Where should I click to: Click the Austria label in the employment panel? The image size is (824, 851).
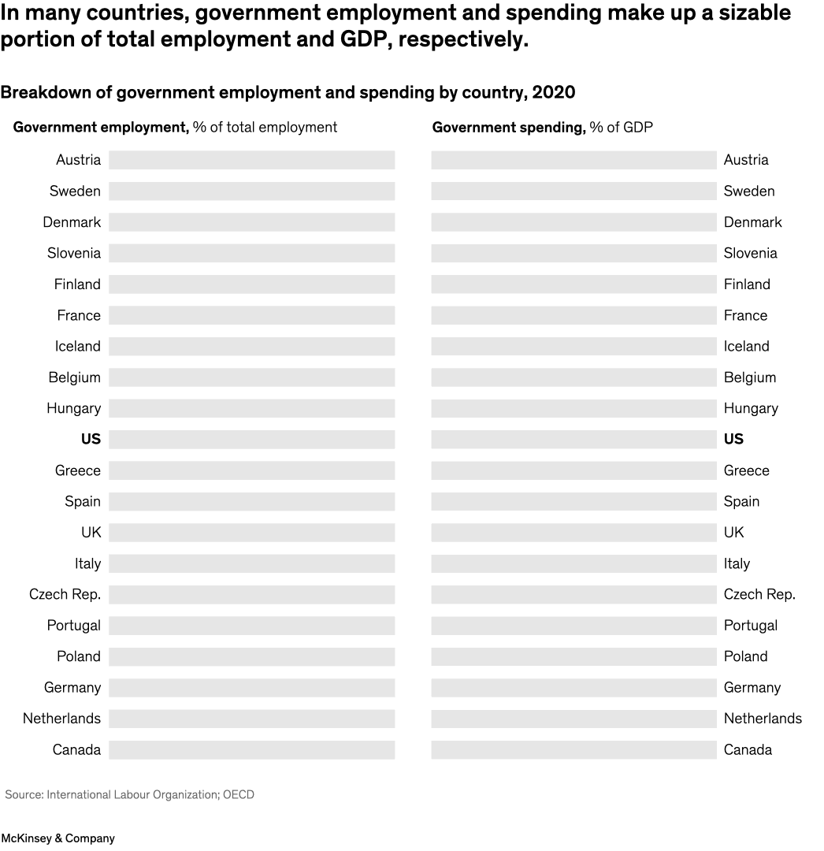pyautogui.click(x=78, y=160)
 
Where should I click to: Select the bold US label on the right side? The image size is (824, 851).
pyautogui.click(x=733, y=439)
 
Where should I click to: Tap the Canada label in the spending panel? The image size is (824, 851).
pyautogui.click(x=748, y=749)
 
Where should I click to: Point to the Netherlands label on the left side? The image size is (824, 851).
pyautogui.click(x=61, y=719)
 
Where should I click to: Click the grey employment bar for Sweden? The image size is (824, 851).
pyautogui.click(x=251, y=191)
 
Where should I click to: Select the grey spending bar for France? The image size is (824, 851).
pyautogui.click(x=573, y=315)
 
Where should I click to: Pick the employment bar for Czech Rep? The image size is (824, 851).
pyautogui.click(x=251, y=595)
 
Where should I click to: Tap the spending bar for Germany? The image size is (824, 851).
pyautogui.click(x=573, y=688)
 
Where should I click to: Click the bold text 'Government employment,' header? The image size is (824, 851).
pyautogui.click(x=101, y=128)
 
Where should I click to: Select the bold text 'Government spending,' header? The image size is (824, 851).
pyautogui.click(x=509, y=128)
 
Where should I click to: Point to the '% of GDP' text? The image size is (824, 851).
pyautogui.click(x=622, y=128)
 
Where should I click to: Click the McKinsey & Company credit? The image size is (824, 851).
pyautogui.click(x=58, y=838)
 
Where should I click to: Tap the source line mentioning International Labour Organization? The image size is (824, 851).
pyautogui.click(x=130, y=795)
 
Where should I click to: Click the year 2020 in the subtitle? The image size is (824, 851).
pyautogui.click(x=554, y=93)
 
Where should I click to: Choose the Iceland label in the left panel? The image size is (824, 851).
pyautogui.click(x=77, y=347)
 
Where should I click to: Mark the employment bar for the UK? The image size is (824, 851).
pyautogui.click(x=251, y=533)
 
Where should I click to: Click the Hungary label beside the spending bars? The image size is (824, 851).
pyautogui.click(x=751, y=408)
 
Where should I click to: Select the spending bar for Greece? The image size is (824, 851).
pyautogui.click(x=573, y=470)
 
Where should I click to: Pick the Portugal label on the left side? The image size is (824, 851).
pyautogui.click(x=73, y=626)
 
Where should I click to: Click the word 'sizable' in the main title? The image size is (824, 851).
pyautogui.click(x=744, y=13)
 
